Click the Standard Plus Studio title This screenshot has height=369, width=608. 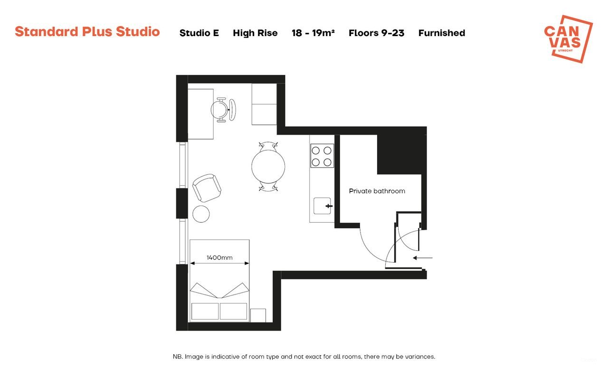click(87, 32)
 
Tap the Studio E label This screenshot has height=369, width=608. click(199, 33)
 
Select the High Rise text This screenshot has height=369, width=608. click(255, 33)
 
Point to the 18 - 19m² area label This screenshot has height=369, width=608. click(313, 33)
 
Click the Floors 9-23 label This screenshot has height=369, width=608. click(376, 33)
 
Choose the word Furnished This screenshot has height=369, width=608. click(441, 33)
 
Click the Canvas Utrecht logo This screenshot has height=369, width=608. click(568, 38)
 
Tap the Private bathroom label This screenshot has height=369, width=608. click(377, 191)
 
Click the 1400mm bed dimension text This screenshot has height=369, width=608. click(219, 258)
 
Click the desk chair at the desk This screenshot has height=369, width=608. click(222, 110)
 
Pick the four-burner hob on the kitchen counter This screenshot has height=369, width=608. click(322, 156)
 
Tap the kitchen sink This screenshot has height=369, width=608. click(323, 206)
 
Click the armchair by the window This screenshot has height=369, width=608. click(207, 188)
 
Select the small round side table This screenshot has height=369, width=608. click(201, 214)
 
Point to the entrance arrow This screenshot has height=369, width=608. click(422, 258)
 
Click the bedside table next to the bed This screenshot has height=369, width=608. click(257, 315)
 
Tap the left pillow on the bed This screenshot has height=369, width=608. click(205, 311)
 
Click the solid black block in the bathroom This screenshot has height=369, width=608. click(399, 154)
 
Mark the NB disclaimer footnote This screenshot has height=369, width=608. click(304, 356)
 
